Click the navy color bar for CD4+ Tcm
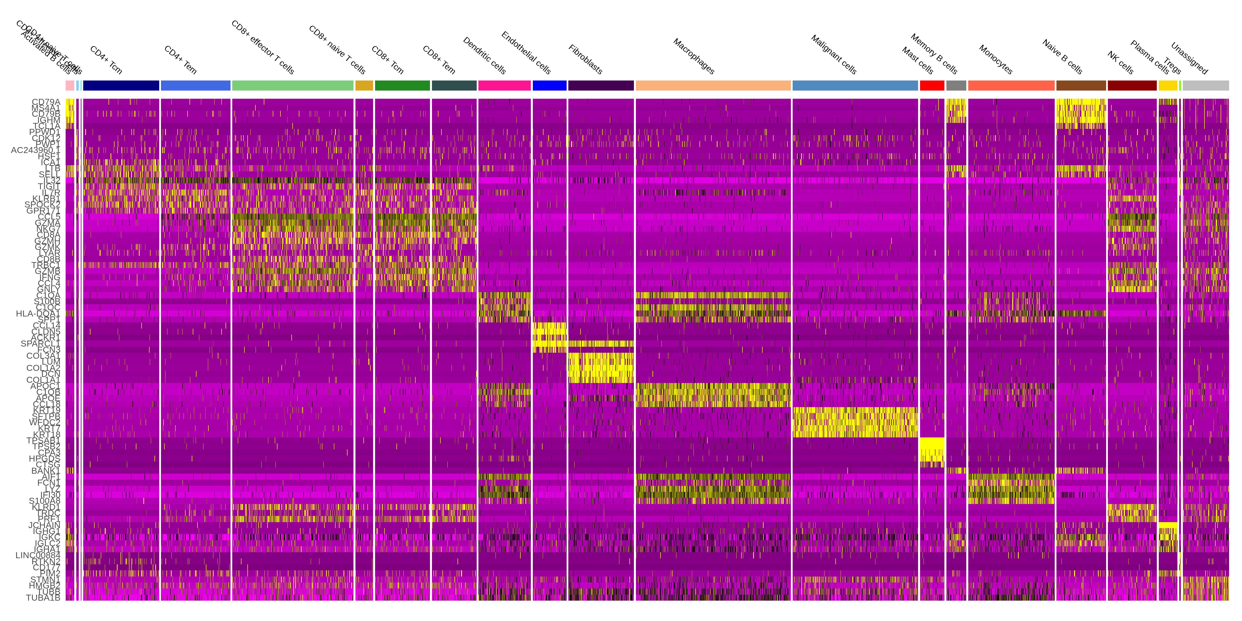click(121, 85)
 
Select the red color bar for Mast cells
click(932, 85)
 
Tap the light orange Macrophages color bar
click(713, 85)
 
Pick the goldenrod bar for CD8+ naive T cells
click(364, 85)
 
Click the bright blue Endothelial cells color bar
click(549, 85)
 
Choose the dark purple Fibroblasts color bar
click(601, 85)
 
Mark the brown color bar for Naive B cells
click(1081, 85)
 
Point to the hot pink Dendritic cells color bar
click(504, 85)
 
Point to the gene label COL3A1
click(43, 356)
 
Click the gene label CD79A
click(46, 102)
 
